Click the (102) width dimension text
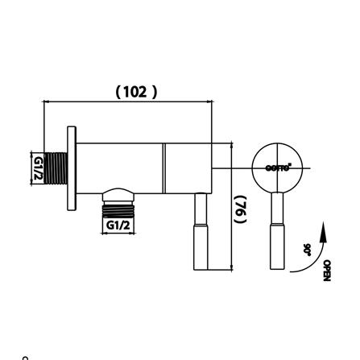(136, 93)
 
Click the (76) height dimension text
(240, 208)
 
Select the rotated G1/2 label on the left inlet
(37, 168)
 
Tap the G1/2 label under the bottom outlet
(118, 226)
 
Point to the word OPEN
(326, 270)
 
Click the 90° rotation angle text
(307, 250)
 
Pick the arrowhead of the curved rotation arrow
(323, 229)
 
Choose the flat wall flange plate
(72, 168)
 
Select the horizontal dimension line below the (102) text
(129, 102)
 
